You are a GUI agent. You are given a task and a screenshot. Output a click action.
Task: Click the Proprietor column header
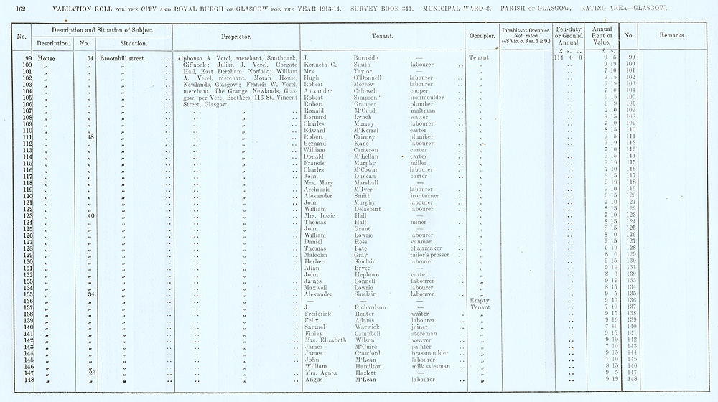(229, 35)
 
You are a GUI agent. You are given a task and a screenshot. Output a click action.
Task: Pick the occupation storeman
(425, 333)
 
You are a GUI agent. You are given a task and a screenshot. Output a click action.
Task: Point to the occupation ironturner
(428, 195)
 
